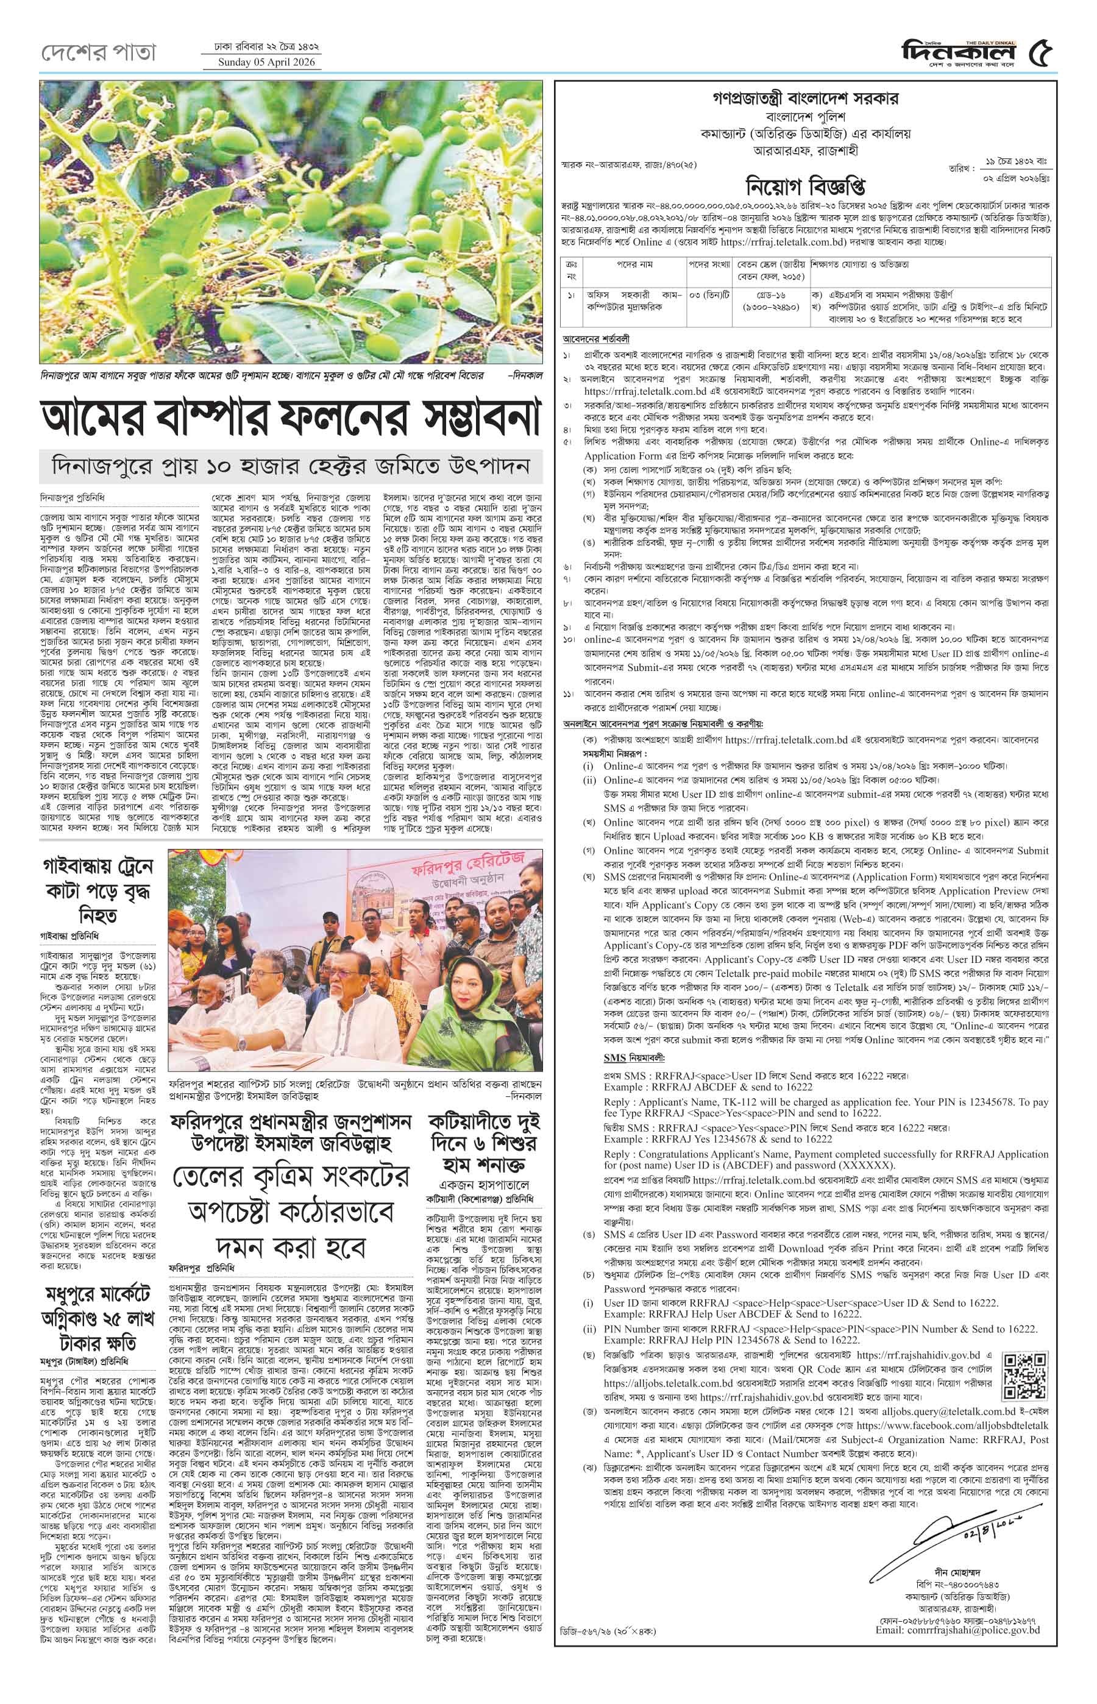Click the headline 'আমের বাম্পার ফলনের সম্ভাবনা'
pyautogui.click(x=291, y=419)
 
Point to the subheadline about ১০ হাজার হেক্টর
pyautogui.click(x=291, y=467)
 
